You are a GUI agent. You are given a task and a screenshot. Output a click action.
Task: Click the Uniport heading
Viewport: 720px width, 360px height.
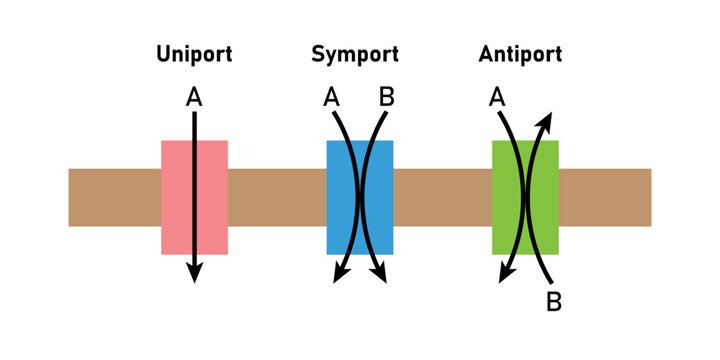[194, 55]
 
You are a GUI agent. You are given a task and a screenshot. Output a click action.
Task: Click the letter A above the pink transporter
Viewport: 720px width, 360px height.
[194, 97]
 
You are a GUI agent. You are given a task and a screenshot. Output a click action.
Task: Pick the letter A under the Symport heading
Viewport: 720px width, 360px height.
[332, 97]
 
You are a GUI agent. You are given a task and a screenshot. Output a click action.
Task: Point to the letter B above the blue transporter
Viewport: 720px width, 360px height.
[387, 97]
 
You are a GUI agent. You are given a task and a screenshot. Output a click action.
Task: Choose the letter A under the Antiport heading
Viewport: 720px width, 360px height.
[497, 97]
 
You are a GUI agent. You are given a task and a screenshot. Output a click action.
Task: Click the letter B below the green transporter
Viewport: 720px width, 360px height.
[553, 300]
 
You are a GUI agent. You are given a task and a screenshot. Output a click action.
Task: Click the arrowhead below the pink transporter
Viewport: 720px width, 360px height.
[194, 272]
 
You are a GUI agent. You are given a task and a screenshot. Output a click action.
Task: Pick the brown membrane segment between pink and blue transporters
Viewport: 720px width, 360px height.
[277, 197]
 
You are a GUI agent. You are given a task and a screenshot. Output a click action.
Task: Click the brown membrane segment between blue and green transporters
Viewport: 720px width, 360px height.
[442, 197]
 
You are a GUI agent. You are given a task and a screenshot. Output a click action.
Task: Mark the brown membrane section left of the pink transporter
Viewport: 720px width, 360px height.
[114, 197]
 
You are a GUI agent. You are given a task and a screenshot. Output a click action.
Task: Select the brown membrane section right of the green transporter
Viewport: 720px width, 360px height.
[604, 197]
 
